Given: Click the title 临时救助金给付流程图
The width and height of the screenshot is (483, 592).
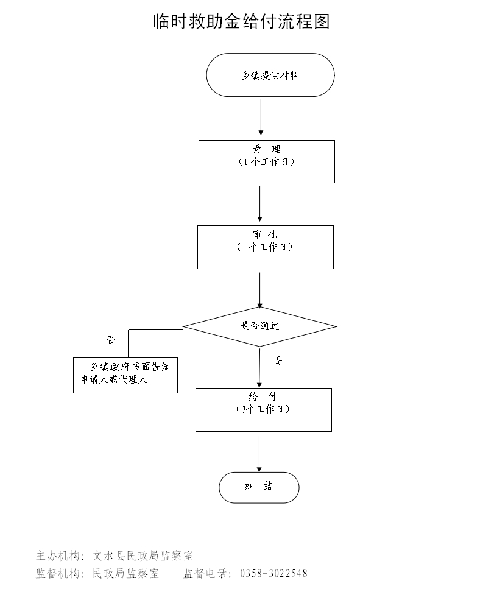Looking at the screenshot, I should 241,22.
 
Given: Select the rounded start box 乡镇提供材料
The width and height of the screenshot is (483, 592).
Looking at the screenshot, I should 270,75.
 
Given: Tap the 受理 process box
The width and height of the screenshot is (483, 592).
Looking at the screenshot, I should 266,161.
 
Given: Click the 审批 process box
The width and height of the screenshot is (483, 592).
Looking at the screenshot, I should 265,247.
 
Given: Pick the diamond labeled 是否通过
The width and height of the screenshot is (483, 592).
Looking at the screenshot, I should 260,326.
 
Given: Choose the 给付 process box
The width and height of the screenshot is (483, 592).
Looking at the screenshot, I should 263,409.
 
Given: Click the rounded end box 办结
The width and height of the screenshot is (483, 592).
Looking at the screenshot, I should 259,487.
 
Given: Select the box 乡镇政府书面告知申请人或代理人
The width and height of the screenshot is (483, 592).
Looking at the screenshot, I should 125,375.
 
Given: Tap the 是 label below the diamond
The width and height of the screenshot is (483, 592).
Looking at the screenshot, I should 278,361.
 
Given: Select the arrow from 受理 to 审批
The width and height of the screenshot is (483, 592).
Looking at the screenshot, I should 260,203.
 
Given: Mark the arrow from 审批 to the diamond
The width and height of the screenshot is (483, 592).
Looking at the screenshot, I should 260,289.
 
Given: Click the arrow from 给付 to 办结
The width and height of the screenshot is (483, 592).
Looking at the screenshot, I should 259,453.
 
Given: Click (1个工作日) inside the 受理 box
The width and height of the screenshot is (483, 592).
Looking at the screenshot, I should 266,162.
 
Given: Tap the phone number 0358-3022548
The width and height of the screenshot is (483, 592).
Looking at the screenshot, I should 274,573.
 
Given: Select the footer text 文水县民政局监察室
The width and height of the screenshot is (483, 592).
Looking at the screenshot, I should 143,555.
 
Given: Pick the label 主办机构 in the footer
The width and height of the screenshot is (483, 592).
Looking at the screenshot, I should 58,555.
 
